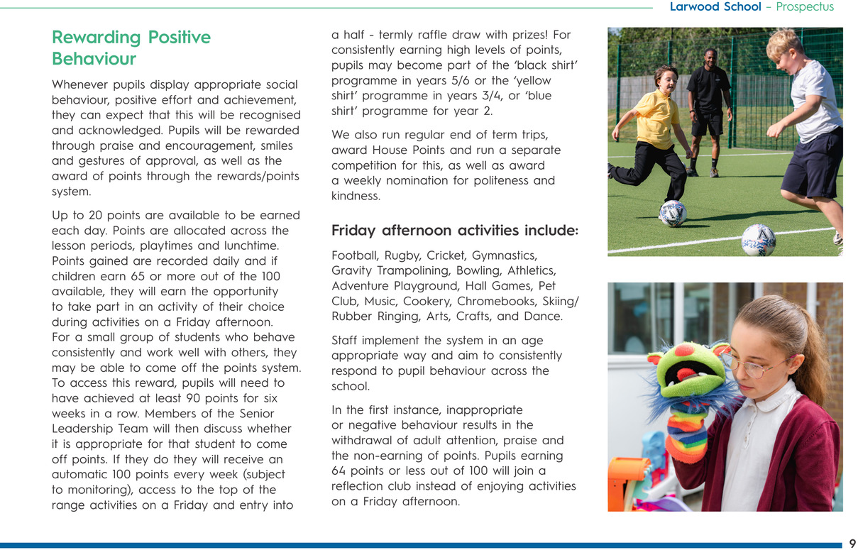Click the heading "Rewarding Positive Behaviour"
point(131,48)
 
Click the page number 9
point(852,544)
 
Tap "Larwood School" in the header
point(715,7)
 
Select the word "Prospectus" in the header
point(805,7)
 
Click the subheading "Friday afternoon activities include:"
point(455,231)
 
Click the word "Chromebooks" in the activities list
point(502,301)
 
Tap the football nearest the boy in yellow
point(672,213)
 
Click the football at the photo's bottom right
point(758,241)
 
